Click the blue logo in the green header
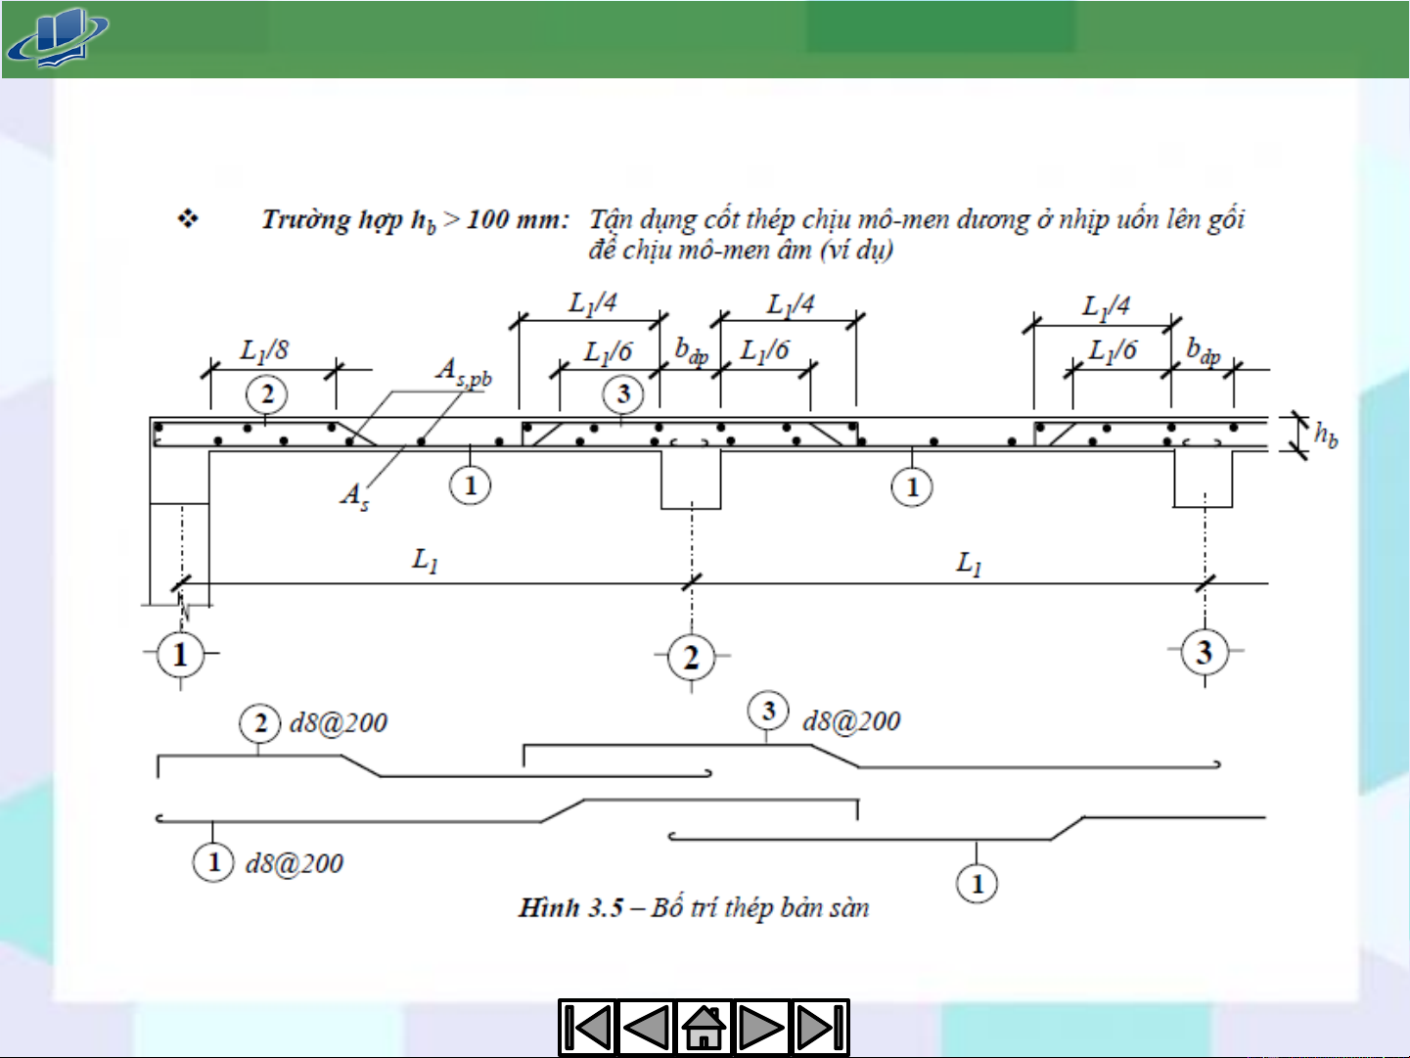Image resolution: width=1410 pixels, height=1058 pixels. point(57,38)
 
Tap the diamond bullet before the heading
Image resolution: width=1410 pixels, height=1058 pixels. point(187,218)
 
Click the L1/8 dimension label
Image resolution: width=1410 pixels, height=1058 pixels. point(264,350)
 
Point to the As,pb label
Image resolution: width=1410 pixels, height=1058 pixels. point(463,372)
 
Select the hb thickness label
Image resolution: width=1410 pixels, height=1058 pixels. point(1325,434)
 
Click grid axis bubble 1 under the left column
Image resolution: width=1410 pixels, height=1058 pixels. point(180,655)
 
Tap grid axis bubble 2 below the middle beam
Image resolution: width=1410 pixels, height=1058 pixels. point(692,658)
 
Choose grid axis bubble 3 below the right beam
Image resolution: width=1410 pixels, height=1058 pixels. point(1205,652)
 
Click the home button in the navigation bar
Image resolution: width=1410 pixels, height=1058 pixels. point(704,1028)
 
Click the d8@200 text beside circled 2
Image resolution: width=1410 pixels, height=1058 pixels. point(339,723)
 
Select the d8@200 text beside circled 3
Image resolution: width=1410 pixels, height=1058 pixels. point(851,721)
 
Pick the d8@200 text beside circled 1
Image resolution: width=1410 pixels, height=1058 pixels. point(295,863)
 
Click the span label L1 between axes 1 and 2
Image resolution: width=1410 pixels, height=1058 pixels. point(425,561)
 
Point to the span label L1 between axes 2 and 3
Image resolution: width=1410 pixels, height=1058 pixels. point(969,563)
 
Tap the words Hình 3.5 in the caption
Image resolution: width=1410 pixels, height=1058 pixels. point(570,908)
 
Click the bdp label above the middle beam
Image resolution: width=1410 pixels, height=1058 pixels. point(691,351)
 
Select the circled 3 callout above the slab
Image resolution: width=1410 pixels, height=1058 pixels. point(623,394)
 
